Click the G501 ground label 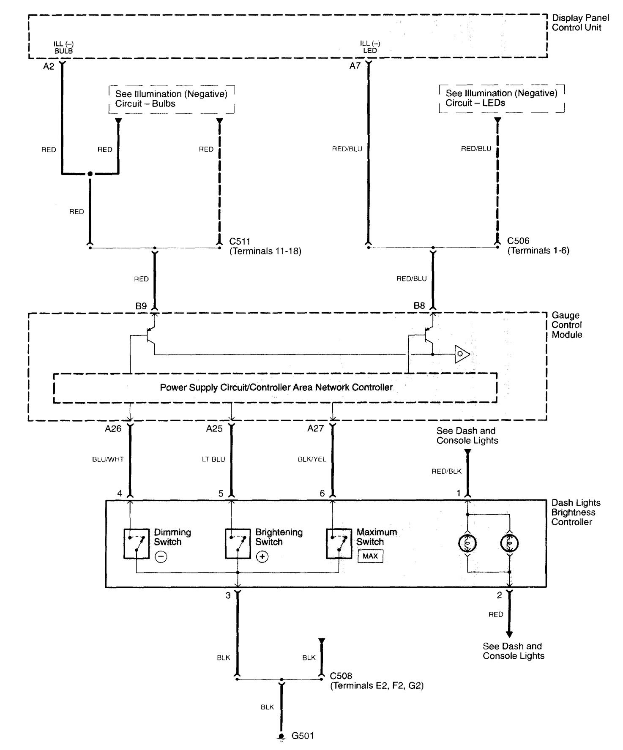click(x=303, y=736)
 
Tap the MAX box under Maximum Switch click(x=370, y=556)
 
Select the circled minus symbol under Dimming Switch click(x=161, y=556)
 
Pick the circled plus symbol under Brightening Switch click(x=262, y=556)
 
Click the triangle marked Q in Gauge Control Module click(x=461, y=354)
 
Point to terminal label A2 click(x=49, y=66)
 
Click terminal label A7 click(x=355, y=65)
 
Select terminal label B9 click(x=141, y=306)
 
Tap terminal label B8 click(x=419, y=306)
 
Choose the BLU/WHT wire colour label click(x=108, y=459)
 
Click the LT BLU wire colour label click(x=213, y=459)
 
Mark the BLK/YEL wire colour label click(x=312, y=459)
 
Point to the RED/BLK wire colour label click(x=446, y=471)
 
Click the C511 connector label click(x=240, y=242)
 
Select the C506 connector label click(x=518, y=241)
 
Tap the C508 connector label click(x=341, y=676)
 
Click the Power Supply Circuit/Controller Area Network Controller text click(x=276, y=387)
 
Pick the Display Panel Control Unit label click(x=580, y=23)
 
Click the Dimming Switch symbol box click(x=136, y=543)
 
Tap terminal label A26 click(x=113, y=428)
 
